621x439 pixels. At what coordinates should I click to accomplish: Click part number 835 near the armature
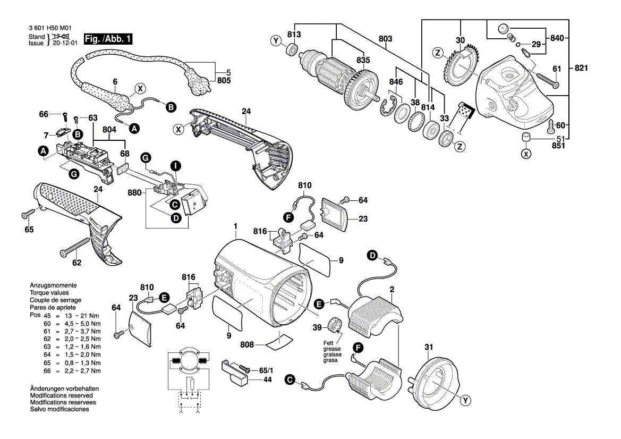click(363, 60)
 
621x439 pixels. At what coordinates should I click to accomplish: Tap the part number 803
click(386, 39)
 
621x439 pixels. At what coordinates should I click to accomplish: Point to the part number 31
click(429, 348)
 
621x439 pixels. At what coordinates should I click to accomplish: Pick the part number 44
click(267, 380)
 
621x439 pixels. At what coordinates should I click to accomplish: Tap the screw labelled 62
click(75, 246)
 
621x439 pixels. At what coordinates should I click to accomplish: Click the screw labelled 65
click(27, 215)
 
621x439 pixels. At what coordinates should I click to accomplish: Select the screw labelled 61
click(547, 80)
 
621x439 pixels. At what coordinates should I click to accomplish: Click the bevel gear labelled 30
click(457, 66)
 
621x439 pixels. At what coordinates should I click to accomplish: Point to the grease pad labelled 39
click(336, 324)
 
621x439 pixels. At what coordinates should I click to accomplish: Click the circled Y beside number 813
click(275, 40)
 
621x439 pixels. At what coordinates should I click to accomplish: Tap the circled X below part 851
click(526, 154)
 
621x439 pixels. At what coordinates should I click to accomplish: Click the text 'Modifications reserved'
click(61, 396)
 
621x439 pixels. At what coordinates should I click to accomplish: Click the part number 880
click(135, 193)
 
